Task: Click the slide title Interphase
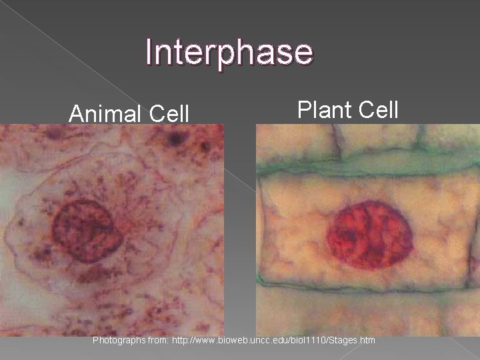229,53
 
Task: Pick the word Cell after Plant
377,109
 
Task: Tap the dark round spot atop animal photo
177,139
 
